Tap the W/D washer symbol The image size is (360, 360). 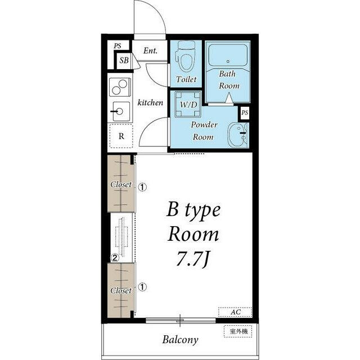[188, 104]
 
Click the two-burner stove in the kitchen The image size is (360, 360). [120, 87]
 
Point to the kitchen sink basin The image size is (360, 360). [120, 111]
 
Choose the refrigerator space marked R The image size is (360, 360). [121, 136]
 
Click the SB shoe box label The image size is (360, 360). [124, 60]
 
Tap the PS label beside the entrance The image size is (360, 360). [118, 46]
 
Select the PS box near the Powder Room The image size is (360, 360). [245, 112]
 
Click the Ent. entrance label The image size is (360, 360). [150, 51]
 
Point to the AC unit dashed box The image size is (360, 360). [235, 312]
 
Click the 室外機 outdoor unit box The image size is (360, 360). [238, 331]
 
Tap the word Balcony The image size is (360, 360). [180, 340]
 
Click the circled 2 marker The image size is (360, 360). [115, 258]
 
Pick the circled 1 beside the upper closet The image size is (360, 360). [142, 187]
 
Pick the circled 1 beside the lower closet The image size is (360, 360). [142, 287]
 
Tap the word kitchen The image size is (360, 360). [150, 102]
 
